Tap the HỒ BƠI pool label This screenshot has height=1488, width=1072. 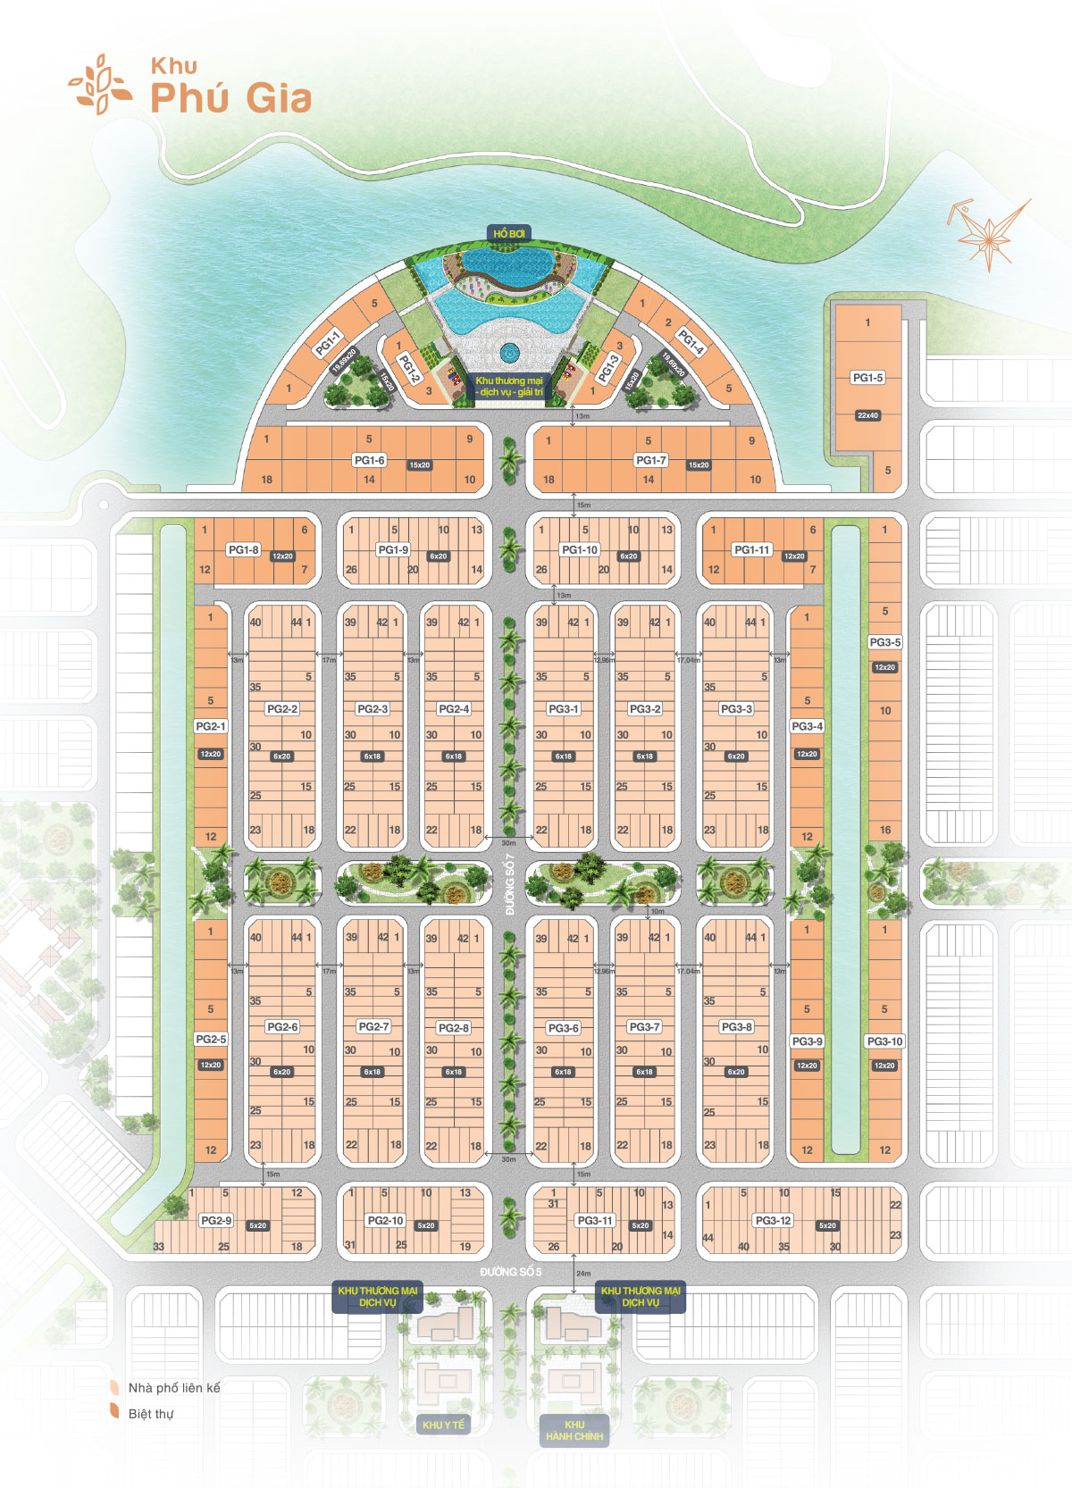click(x=509, y=234)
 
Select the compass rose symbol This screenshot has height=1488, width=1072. click(x=988, y=231)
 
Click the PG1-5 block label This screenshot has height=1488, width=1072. click(x=867, y=378)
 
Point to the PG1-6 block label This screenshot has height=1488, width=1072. click(x=369, y=461)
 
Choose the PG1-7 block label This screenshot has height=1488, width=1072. click(x=650, y=461)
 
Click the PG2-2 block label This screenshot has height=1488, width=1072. click(x=282, y=709)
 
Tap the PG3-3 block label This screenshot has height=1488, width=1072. click(x=736, y=709)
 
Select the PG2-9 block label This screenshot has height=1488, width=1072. click(x=215, y=1221)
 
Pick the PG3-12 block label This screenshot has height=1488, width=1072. click(x=773, y=1221)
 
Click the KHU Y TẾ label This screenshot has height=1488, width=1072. click(x=444, y=1425)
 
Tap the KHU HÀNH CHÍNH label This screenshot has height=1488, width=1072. click(x=574, y=1431)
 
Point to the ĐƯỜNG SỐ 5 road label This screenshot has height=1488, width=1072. click(x=510, y=1272)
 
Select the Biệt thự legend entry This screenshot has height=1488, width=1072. click(x=151, y=1414)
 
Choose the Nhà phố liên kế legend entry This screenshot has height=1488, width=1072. click(x=173, y=1388)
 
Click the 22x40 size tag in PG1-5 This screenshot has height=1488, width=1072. click(x=867, y=415)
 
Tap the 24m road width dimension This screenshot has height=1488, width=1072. click(x=583, y=1274)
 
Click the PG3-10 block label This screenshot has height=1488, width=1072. click(x=884, y=1041)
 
